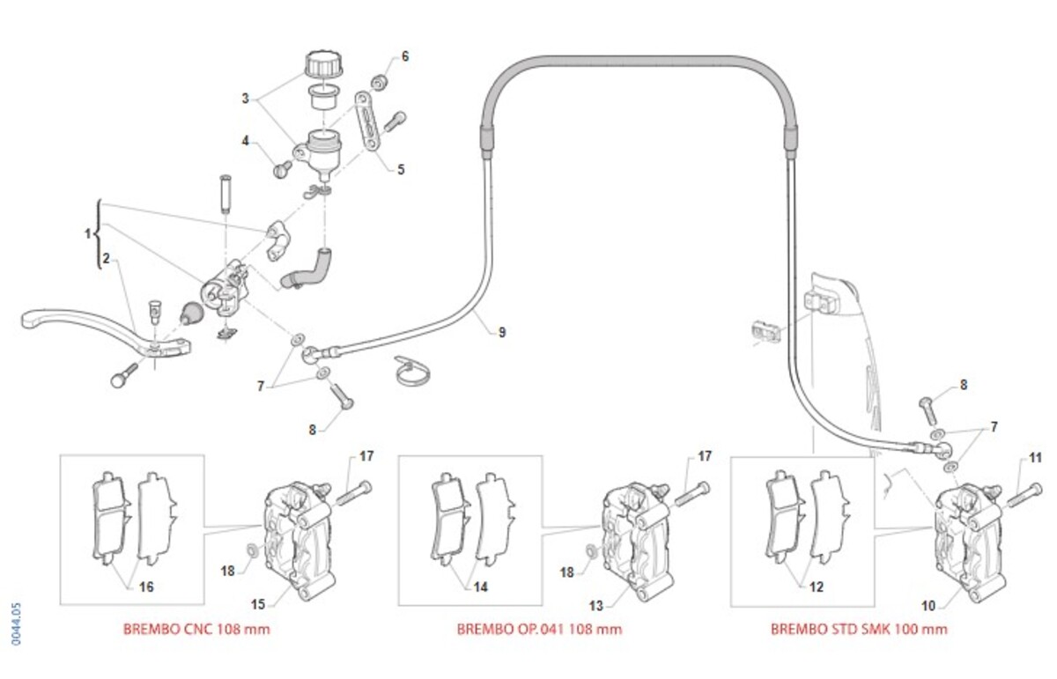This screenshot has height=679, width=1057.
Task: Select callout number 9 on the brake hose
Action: click(501, 332)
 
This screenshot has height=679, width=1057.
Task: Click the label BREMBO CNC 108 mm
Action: click(195, 629)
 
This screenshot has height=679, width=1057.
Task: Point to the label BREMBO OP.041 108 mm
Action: click(539, 629)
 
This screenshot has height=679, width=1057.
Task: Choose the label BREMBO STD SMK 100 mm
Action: click(859, 629)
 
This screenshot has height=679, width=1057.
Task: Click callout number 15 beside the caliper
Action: click(259, 604)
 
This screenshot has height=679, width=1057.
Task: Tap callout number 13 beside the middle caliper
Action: click(595, 606)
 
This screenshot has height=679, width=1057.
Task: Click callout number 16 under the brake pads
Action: click(145, 586)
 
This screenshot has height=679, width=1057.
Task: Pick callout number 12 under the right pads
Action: click(816, 586)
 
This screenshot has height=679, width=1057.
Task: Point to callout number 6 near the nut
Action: click(405, 56)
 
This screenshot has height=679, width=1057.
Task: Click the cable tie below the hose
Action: click(409, 373)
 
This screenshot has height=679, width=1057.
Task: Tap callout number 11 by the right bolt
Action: click(1036, 457)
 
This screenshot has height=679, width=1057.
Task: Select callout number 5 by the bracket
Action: click(401, 168)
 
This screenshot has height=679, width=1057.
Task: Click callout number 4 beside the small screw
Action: click(248, 139)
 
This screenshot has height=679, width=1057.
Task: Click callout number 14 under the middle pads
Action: click(481, 586)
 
